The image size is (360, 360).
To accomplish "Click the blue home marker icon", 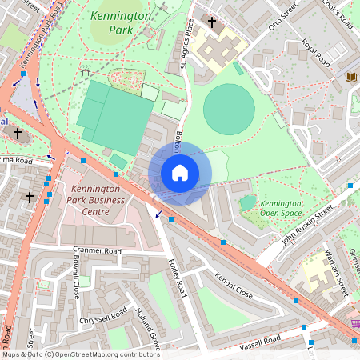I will (180, 173).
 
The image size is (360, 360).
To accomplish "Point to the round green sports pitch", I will (229, 109).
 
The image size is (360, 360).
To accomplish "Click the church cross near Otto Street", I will (212, 23).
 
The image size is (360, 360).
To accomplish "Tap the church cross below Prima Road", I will (30, 196).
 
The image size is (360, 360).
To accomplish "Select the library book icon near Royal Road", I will (350, 77).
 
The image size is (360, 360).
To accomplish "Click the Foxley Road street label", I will (177, 277).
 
